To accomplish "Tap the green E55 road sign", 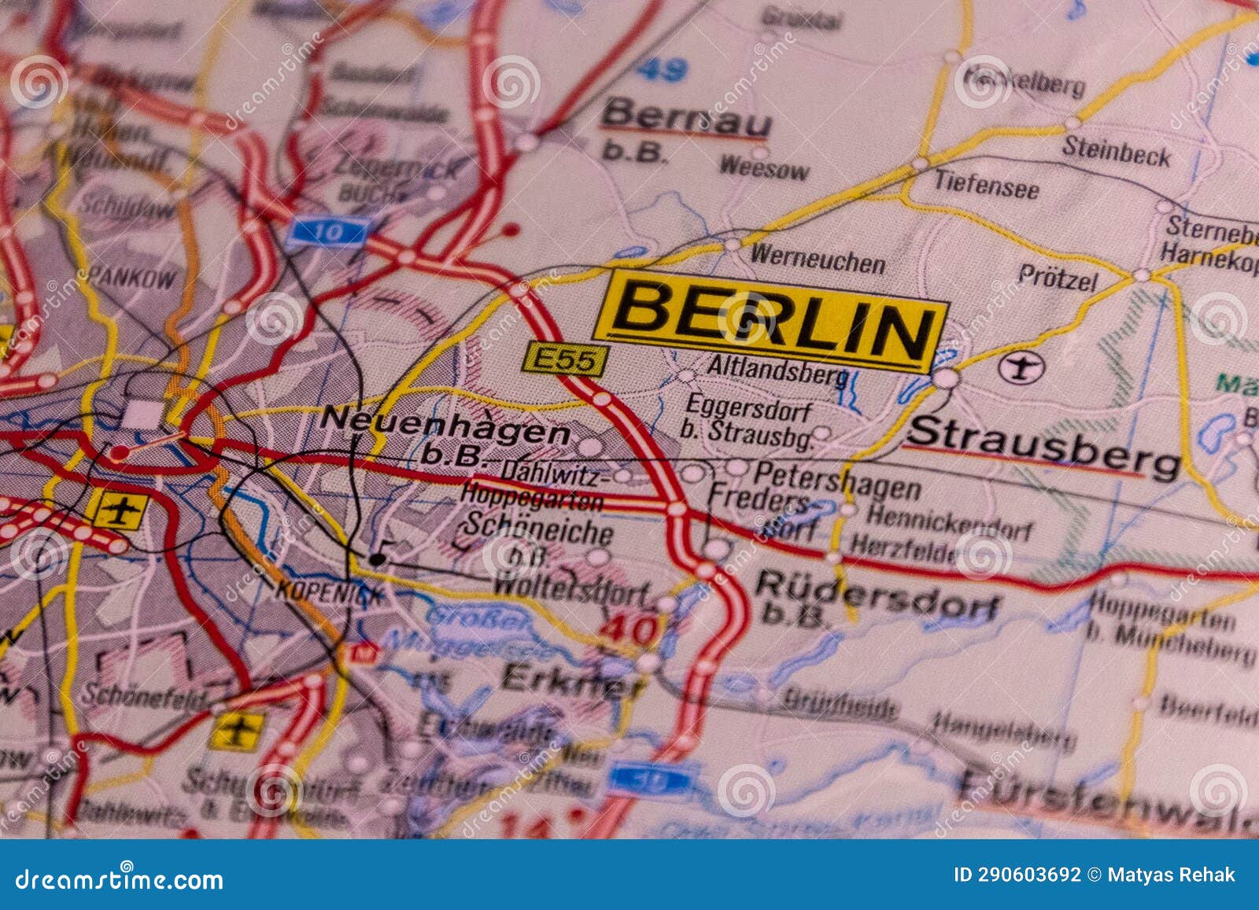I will coord(564,360).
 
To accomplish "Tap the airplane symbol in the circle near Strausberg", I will coord(1021,367).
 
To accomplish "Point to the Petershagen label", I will coord(837,480).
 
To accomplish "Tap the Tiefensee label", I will coord(986,185).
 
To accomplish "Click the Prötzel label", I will coord(1057,276).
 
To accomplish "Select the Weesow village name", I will coord(763,167).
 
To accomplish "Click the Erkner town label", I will coord(573,680).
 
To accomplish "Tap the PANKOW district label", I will coord(131,277).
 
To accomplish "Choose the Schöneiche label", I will coord(538,528).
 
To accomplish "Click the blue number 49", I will coord(662,71).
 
